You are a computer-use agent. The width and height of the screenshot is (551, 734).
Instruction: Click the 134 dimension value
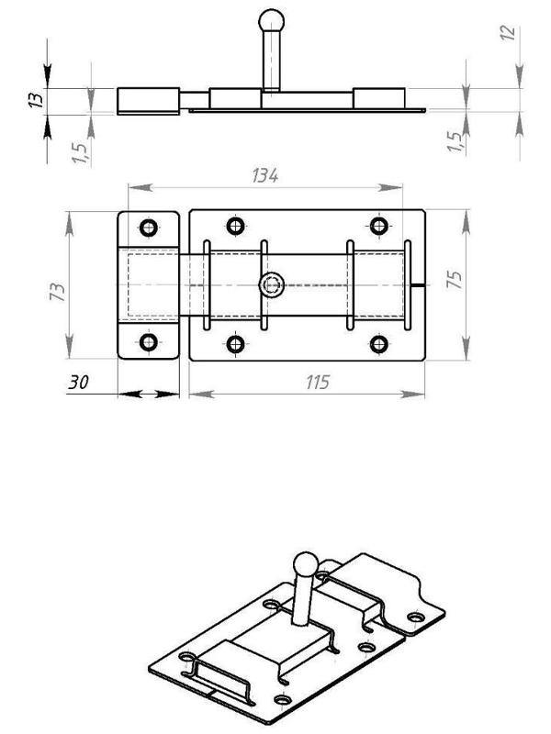pyautogui.click(x=265, y=176)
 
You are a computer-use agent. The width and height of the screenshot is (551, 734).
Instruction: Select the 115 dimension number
pyautogui.click(x=318, y=383)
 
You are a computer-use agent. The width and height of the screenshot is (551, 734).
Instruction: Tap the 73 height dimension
pyautogui.click(x=57, y=291)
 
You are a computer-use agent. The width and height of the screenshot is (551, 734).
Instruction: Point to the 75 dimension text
pyautogui.click(x=454, y=279)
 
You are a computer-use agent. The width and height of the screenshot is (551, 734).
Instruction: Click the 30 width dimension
pyautogui.click(x=78, y=383)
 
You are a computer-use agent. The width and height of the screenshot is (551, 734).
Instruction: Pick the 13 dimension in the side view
pyautogui.click(x=36, y=100)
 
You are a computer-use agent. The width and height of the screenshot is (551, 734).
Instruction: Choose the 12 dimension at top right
pyautogui.click(x=508, y=33)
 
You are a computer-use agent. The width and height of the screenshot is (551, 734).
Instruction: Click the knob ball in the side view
pyautogui.click(x=271, y=20)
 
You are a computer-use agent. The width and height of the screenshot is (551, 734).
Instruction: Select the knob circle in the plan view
pyautogui.click(x=272, y=285)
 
